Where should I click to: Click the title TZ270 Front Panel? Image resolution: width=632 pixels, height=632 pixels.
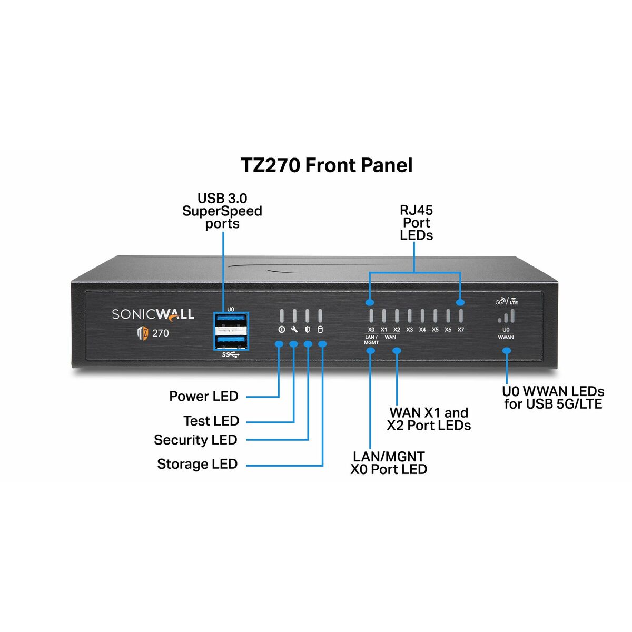(327, 165)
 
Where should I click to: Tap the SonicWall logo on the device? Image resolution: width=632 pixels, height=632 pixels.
(153, 314)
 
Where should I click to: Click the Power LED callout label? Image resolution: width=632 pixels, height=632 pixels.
(203, 396)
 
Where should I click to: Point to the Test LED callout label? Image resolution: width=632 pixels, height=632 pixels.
(211, 421)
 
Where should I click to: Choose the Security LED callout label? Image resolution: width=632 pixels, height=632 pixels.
(195, 440)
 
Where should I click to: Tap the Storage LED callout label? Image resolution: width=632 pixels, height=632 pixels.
(197, 464)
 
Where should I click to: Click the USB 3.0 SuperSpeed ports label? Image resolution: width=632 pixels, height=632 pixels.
(222, 211)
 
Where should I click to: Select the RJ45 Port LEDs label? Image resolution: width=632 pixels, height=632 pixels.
(416, 223)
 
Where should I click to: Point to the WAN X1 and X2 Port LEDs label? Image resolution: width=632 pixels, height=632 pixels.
(429, 419)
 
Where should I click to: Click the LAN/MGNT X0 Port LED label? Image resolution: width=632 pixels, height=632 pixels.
(389, 462)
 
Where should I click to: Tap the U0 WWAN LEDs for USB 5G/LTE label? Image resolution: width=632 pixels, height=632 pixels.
(552, 398)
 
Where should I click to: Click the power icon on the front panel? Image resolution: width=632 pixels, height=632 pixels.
(282, 330)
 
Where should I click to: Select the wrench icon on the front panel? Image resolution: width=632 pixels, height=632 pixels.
(294, 330)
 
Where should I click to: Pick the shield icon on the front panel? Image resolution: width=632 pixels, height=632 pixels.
(308, 330)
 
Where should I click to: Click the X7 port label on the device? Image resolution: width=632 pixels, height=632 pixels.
(461, 330)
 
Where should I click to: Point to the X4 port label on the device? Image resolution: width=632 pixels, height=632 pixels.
(422, 330)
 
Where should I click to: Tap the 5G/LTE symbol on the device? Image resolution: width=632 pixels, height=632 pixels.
(507, 302)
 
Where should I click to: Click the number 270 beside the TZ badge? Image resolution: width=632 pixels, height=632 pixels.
(161, 333)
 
